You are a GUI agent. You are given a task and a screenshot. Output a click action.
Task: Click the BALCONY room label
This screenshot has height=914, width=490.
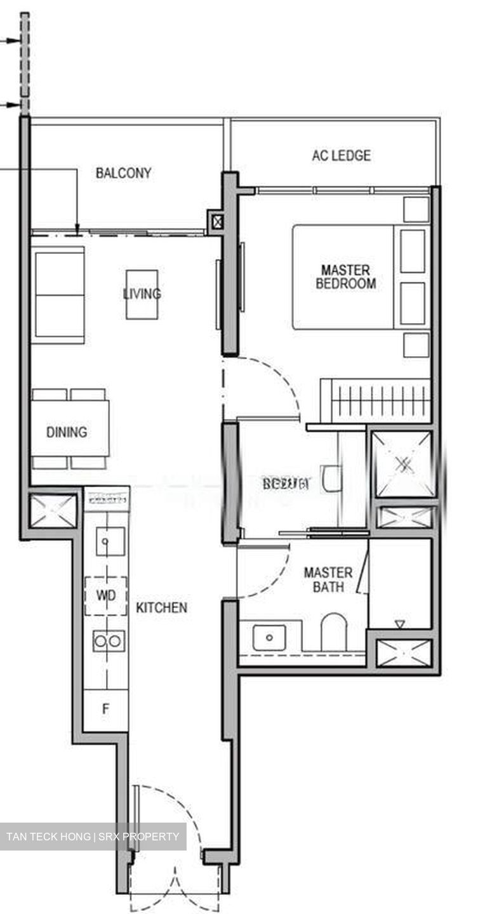click(123, 173)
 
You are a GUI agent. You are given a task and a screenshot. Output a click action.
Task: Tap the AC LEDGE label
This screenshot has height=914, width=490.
click(341, 156)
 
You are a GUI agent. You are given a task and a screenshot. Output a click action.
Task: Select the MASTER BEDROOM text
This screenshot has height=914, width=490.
click(345, 277)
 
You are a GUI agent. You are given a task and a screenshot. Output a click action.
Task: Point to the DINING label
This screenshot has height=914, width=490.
click(67, 432)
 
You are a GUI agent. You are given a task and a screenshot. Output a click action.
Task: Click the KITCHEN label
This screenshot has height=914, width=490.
click(162, 607)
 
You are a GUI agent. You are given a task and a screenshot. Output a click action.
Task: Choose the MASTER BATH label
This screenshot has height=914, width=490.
click(328, 580)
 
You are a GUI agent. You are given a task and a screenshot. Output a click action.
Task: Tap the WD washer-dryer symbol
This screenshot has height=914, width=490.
click(105, 596)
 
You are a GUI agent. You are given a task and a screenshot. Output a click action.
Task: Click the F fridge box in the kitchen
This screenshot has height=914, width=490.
click(106, 709)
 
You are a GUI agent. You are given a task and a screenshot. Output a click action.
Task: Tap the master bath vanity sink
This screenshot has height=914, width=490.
click(269, 637)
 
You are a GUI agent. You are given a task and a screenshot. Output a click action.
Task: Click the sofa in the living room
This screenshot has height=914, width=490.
click(58, 295)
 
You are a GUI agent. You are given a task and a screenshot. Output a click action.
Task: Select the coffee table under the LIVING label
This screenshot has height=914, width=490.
click(142, 294)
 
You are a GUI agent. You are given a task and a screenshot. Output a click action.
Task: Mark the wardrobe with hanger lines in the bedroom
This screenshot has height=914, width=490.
click(376, 400)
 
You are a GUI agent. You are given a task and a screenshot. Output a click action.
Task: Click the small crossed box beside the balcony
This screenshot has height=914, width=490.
click(218, 222)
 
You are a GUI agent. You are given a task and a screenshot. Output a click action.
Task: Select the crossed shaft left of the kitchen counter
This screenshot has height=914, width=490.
click(53, 511)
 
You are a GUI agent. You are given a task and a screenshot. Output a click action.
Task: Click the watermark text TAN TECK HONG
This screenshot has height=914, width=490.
click(48, 837)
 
